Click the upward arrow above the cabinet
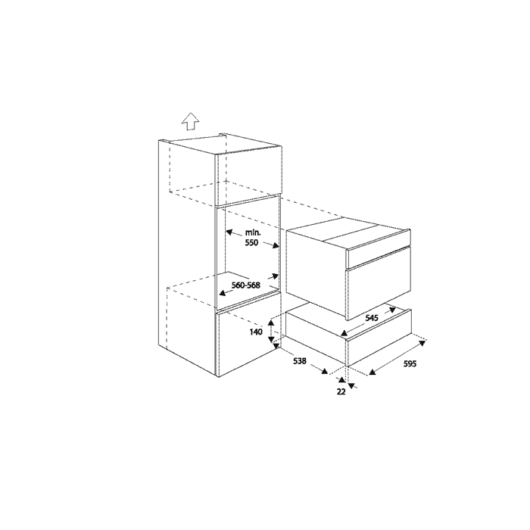[x=190, y=121]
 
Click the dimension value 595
[x=410, y=363]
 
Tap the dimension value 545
[x=372, y=319]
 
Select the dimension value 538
[x=301, y=362]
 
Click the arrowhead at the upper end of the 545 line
[x=397, y=307]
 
